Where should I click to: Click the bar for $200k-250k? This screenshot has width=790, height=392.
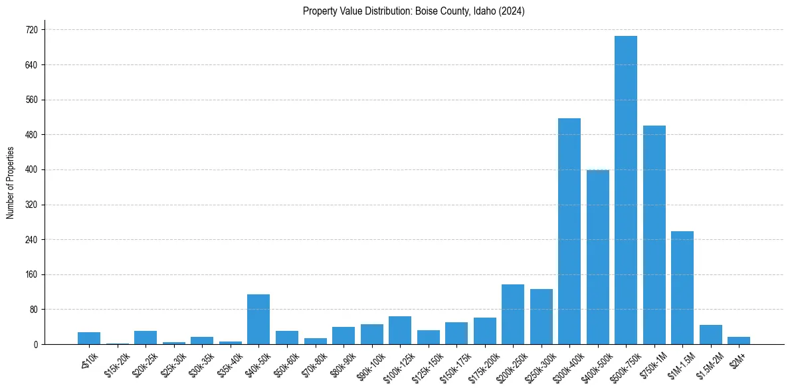tap(512, 314)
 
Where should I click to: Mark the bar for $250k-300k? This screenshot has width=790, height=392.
tap(541, 316)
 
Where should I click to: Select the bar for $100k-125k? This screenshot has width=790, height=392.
tap(399, 330)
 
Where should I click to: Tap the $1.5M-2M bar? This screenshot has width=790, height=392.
tap(710, 334)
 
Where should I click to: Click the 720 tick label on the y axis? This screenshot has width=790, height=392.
tap(31, 30)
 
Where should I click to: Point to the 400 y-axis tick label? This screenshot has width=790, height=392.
tap(31, 170)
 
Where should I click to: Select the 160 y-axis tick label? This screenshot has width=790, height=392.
tap(31, 274)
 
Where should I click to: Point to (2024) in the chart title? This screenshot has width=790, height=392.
tap(512, 11)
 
